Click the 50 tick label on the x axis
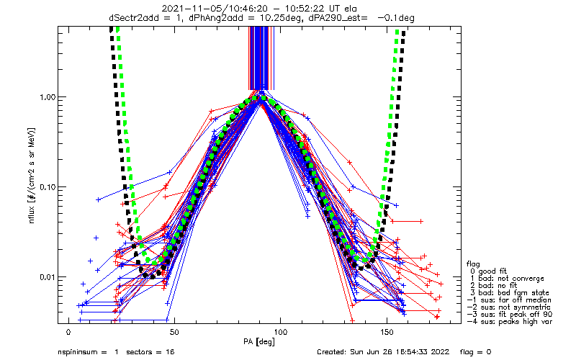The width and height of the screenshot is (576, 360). click(174, 332)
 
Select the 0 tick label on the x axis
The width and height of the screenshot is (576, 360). click(68, 332)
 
